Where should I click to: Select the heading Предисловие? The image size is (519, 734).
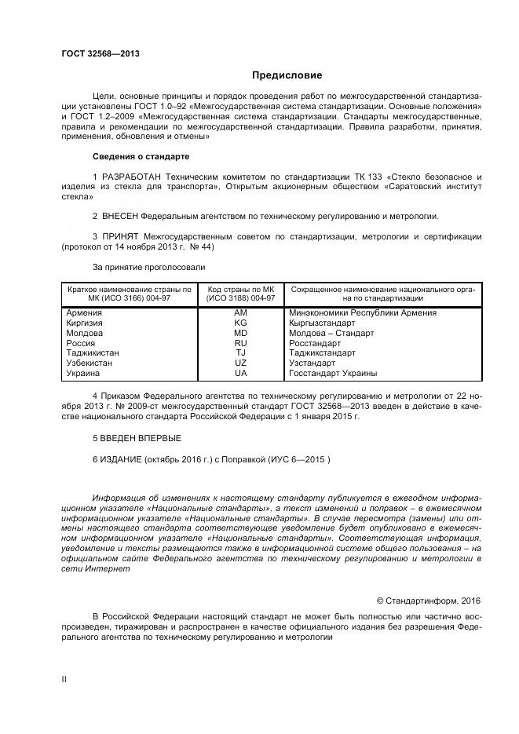click(x=287, y=75)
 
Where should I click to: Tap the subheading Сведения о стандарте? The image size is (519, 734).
click(x=141, y=156)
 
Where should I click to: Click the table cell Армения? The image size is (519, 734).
click(x=84, y=312)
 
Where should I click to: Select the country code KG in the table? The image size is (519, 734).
click(x=240, y=323)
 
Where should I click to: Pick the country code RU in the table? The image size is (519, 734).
click(x=240, y=343)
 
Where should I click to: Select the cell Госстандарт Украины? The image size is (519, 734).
click(x=333, y=374)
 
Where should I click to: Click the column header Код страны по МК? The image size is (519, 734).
click(x=240, y=290)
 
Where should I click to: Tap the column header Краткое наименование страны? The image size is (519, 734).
click(x=129, y=290)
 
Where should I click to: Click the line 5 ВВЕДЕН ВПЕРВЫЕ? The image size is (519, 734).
click(x=137, y=438)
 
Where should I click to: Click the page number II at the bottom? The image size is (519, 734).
click(x=64, y=679)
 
